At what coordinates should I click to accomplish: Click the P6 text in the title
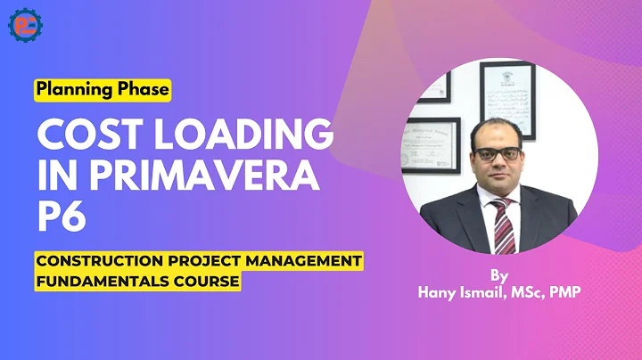click(x=61, y=217)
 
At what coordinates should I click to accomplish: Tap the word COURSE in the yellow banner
click(x=206, y=281)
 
